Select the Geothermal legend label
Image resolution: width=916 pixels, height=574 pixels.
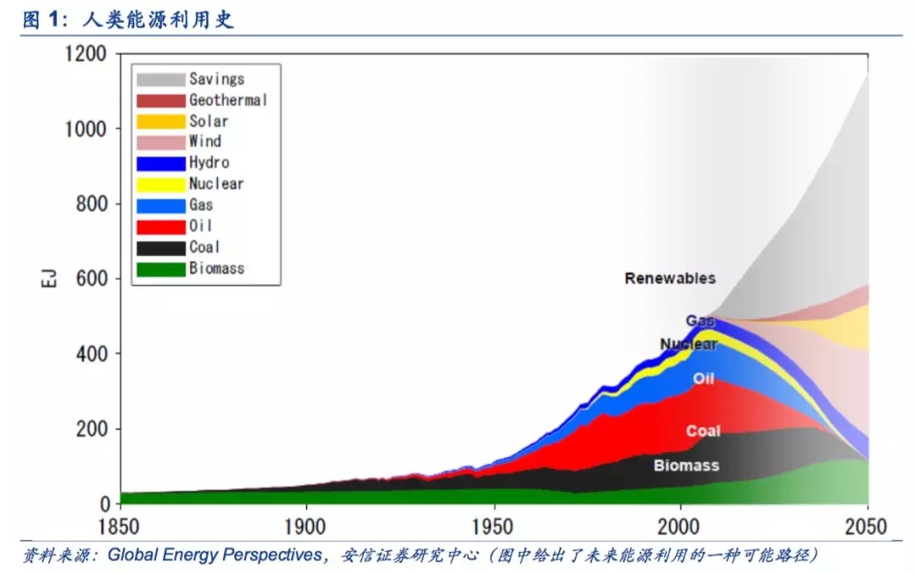[x=227, y=100]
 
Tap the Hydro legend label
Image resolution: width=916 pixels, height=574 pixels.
[x=209, y=163]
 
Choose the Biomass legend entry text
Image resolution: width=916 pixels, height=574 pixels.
[x=216, y=268]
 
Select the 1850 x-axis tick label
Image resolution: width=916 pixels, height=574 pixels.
[x=121, y=526]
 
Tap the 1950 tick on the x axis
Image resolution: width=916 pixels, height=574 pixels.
[x=494, y=526]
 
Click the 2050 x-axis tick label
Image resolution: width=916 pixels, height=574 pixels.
[x=866, y=526]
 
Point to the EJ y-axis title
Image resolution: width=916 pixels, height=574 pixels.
[x=48, y=279]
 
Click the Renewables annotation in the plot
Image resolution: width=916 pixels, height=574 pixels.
[x=670, y=278]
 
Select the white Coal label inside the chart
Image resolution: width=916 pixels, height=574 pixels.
[x=703, y=431]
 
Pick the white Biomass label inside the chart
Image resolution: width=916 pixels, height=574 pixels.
[x=686, y=465]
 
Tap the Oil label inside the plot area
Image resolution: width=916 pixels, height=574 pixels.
[x=703, y=378]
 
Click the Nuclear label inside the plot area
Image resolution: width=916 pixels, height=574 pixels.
[x=688, y=344]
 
